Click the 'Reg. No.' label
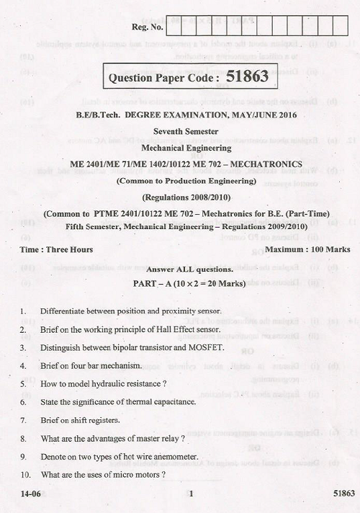point(148,28)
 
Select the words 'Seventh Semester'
point(185,130)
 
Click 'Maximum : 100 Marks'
point(307,249)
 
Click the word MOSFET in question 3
point(208,347)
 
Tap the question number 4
point(24,365)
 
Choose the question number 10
point(26,475)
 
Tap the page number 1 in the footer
point(191,494)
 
